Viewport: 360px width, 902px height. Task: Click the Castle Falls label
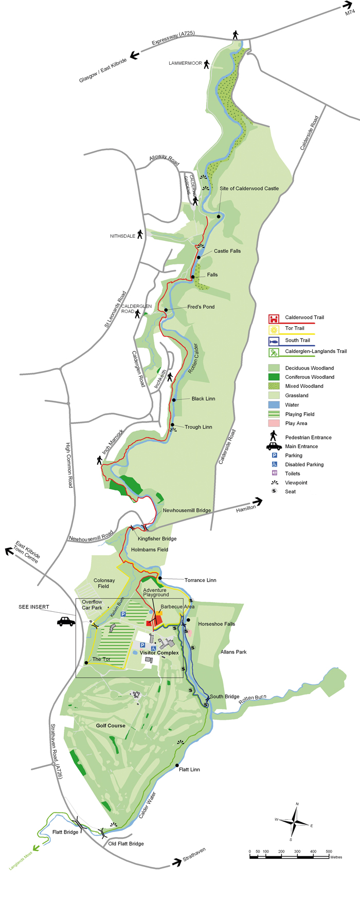coord(227,251)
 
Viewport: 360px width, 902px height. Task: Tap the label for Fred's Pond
coord(201,307)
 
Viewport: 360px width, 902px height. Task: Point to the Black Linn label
coord(203,399)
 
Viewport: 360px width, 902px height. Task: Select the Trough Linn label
coord(198,427)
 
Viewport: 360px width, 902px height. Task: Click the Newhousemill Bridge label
coord(187,510)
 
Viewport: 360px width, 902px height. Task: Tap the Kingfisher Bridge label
coord(157,539)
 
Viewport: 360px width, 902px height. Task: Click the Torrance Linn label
coord(200,580)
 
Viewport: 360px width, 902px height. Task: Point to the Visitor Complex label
coord(159,653)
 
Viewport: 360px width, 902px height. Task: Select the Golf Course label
coord(111,726)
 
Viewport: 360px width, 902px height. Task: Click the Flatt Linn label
coord(189,770)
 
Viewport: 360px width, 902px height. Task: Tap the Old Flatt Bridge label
coord(126,843)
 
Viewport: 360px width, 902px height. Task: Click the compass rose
coord(294,821)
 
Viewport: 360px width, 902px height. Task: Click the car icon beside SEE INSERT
coord(66,622)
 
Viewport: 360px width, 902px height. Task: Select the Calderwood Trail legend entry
coord(304,317)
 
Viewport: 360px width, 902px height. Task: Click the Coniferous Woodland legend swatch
coord(274,377)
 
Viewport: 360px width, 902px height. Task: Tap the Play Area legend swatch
coord(274,423)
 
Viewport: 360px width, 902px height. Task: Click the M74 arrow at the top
coord(347,6)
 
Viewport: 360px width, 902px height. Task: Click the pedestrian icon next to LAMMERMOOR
coord(206,64)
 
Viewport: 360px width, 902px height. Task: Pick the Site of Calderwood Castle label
coord(249,188)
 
